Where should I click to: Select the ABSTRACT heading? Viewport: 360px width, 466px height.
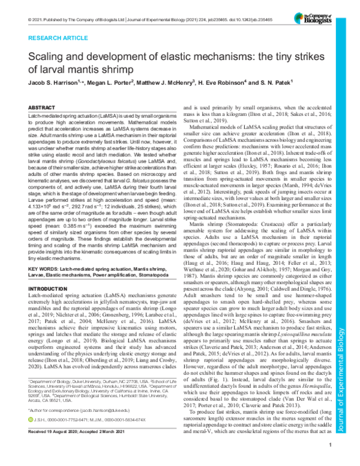coord(43,106)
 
